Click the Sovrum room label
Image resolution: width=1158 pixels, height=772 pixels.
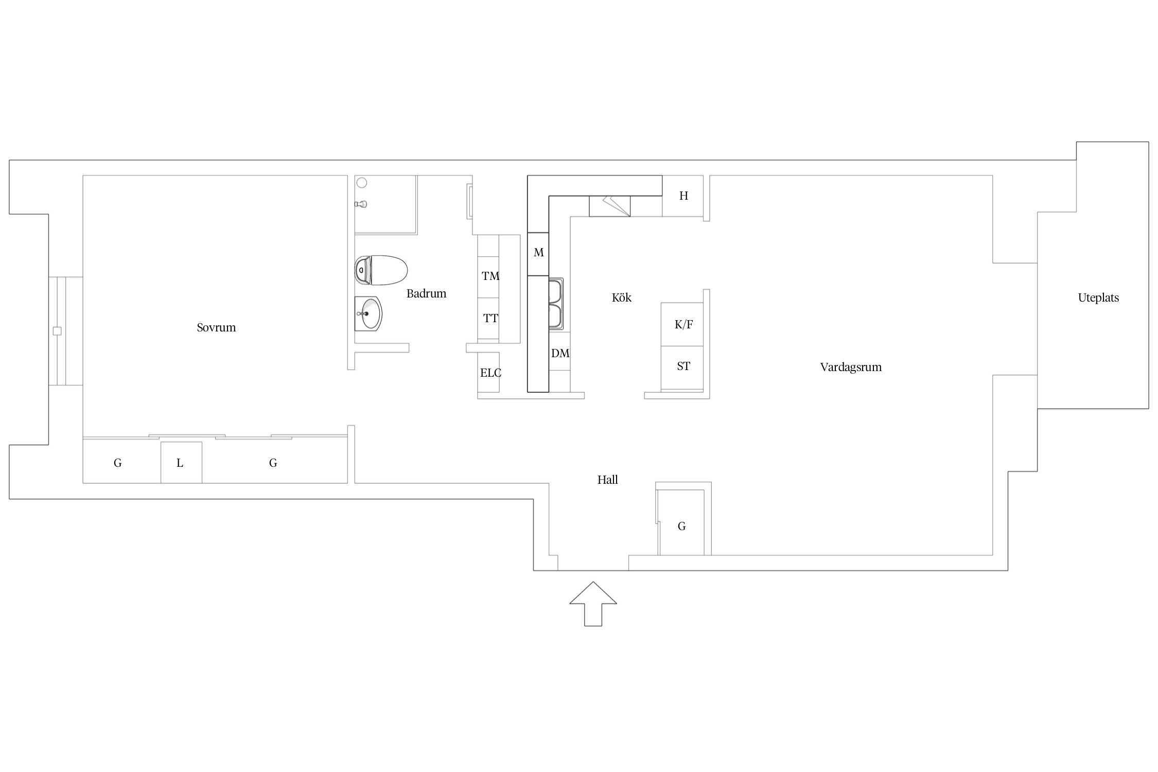coord(216,328)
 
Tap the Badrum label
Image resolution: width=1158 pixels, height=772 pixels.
coord(426,294)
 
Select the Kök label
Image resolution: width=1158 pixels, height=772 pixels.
coord(621,297)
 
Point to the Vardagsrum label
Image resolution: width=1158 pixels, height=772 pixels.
coord(851,367)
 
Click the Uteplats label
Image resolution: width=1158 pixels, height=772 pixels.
coord(1098,298)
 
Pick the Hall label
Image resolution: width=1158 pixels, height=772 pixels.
coord(607,480)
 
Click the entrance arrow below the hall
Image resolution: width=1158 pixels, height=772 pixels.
coord(593,604)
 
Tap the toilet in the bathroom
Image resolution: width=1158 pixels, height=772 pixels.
coord(381,270)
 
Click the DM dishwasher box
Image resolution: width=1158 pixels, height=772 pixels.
coord(559,351)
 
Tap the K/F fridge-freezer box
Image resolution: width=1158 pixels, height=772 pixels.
coord(682,324)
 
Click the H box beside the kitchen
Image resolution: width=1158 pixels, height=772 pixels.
coord(682,196)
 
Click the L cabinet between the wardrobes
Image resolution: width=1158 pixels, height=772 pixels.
coord(181,463)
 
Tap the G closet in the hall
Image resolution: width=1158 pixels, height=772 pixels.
coord(681,522)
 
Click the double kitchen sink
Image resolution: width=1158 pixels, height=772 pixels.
coord(556,304)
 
